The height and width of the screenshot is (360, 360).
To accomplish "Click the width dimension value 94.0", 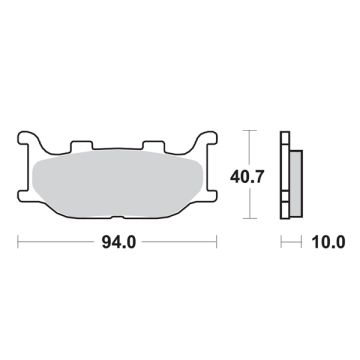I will (x=119, y=241).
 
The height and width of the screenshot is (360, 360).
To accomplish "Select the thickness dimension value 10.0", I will (x=328, y=241).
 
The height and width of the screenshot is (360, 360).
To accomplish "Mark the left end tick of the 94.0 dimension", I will (x=19, y=241).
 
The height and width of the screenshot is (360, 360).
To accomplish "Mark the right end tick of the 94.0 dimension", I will (x=218, y=241).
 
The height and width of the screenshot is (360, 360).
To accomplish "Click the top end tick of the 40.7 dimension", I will (x=250, y=130).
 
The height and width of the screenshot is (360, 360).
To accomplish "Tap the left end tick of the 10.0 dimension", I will (x=281, y=241).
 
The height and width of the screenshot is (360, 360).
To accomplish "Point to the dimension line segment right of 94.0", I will (x=180, y=241).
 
